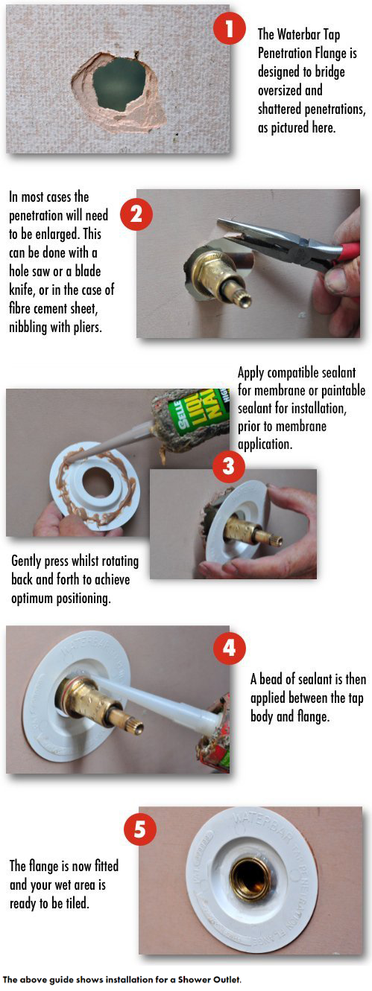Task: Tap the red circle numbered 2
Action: (136, 214)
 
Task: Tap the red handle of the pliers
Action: (345, 253)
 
